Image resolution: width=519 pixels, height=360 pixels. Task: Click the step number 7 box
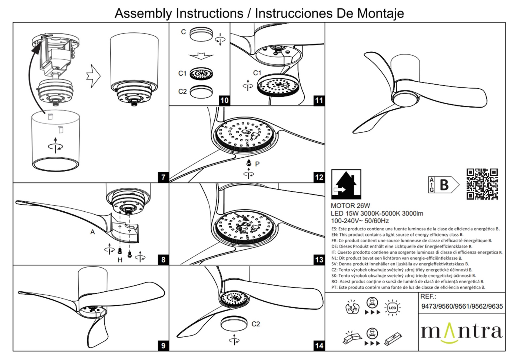163,177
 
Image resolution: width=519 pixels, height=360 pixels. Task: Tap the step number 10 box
224,100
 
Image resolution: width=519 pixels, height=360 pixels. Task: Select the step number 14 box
319,345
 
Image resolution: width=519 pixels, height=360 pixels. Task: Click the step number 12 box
319,177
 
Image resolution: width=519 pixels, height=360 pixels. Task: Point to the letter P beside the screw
257,164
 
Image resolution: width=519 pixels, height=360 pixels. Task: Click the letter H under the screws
120,260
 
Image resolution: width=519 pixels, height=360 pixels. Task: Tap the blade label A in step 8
92,232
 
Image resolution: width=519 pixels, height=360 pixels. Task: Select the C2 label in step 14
255,324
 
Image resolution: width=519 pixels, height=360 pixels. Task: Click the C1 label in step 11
257,73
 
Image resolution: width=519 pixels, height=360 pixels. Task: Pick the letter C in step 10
183,32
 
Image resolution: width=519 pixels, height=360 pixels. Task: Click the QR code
482,184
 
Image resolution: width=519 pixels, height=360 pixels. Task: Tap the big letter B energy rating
444,185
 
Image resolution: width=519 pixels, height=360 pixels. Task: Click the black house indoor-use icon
346,184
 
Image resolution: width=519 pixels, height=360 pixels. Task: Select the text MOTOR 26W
350,206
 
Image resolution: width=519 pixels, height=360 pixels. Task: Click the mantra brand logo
461,332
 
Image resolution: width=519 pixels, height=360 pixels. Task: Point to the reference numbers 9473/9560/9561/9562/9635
462,306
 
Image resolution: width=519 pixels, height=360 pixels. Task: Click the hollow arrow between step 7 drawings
93,76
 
